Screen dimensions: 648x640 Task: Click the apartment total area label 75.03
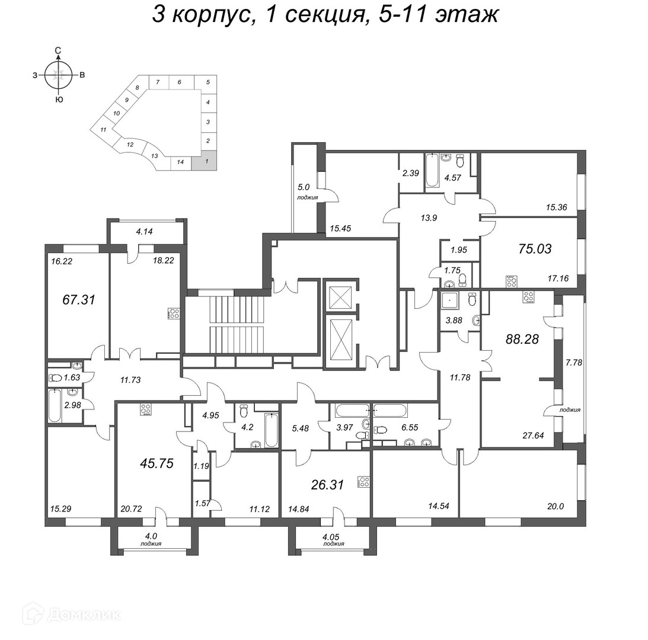tap(535, 249)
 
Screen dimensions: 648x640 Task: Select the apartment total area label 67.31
tap(79, 299)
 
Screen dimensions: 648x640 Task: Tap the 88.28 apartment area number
tap(522, 339)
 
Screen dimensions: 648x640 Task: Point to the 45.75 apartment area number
tap(157, 463)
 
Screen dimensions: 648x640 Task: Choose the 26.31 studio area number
tap(327, 485)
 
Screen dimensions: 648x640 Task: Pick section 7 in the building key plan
tap(158, 82)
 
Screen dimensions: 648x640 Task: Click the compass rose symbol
tap(59, 75)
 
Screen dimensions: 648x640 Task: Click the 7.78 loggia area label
tap(574, 362)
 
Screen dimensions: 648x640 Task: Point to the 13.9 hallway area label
tap(429, 217)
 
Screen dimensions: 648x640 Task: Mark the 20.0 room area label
tap(556, 506)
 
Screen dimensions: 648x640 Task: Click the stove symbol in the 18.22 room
tap(174, 313)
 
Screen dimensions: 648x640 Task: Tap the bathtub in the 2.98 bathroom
tap(55, 405)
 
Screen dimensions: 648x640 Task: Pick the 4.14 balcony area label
tap(144, 231)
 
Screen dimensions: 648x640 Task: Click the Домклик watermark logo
tap(72, 615)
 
